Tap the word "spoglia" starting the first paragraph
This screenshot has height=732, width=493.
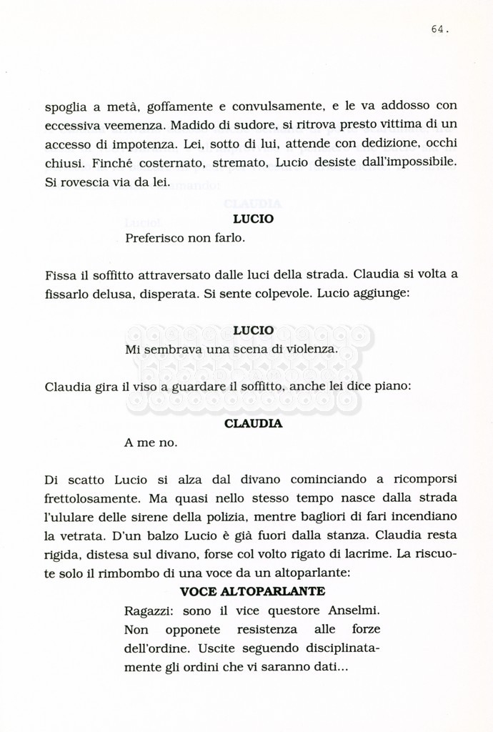point(65,108)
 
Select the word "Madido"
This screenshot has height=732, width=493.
point(194,125)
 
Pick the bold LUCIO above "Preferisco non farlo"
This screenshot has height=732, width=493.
point(253,219)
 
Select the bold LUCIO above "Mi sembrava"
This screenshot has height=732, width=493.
point(253,330)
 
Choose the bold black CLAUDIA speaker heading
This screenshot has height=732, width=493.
point(253,424)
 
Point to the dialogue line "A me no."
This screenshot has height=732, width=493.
point(150,442)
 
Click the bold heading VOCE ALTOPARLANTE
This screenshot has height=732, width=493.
point(252,591)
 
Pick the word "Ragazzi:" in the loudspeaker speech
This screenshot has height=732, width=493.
point(149,611)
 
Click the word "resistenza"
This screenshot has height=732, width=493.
point(271,630)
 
